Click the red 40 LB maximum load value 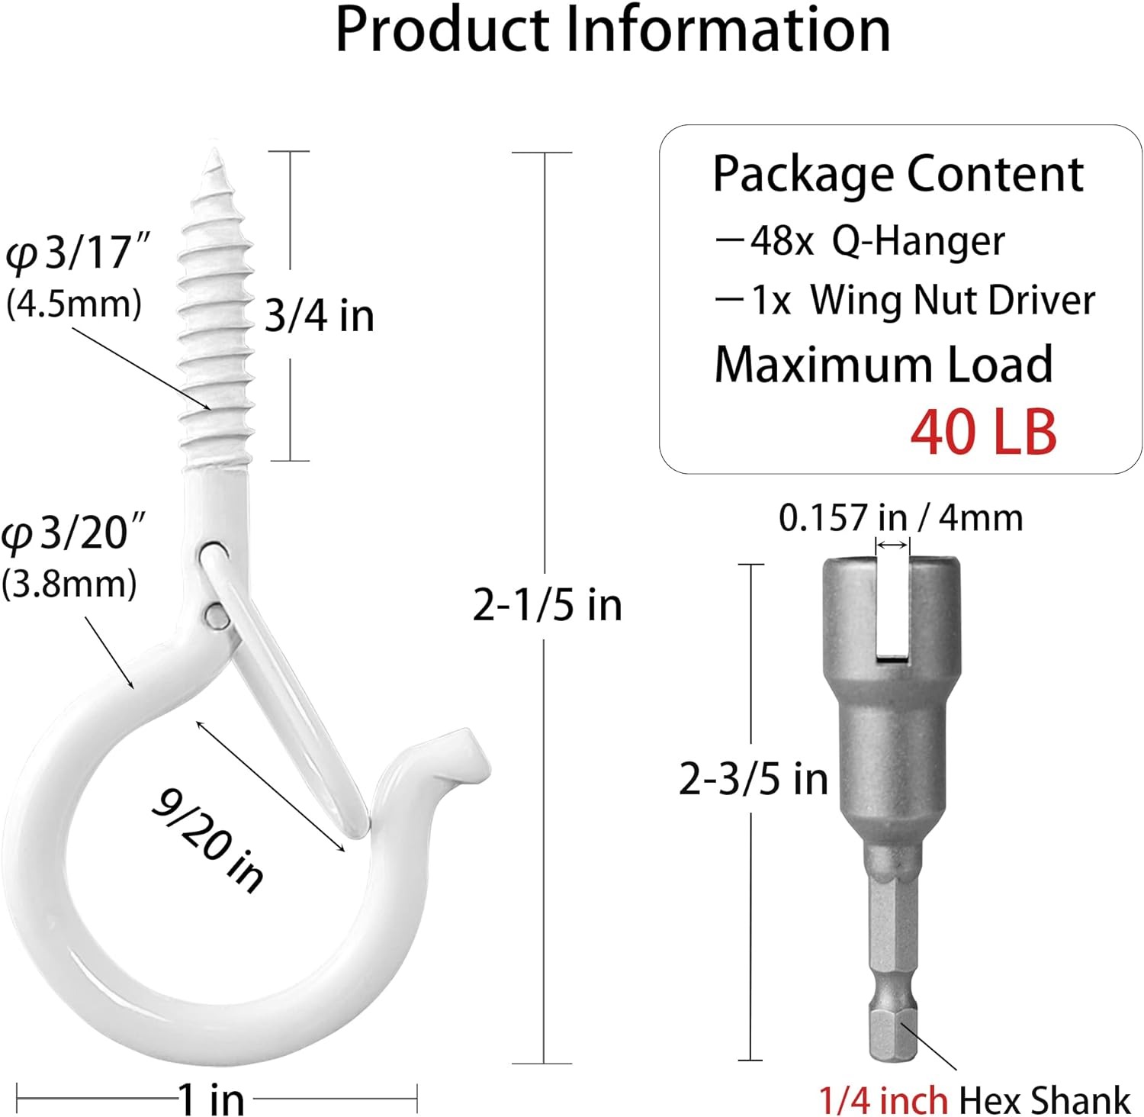[983, 431]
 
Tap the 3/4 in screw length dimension [320, 316]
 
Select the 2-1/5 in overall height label [547, 605]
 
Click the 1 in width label [211, 1099]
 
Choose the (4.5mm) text [74, 304]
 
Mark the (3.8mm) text [69, 584]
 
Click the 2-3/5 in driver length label [754, 779]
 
